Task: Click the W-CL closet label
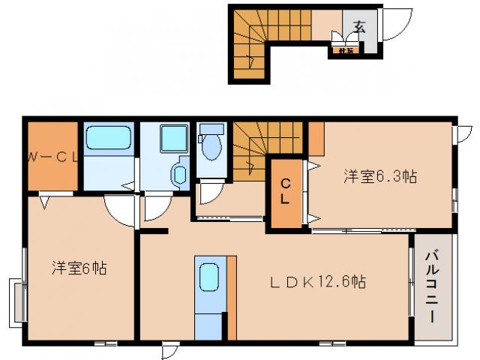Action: pos(53,157)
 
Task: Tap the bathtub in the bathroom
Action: pos(109,139)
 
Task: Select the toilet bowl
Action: pos(212,148)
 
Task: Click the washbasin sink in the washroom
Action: pos(180,175)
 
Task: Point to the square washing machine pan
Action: pos(176,138)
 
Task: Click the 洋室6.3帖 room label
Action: pos(380,177)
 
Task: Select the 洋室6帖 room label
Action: pos(79,267)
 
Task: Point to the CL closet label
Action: pos(286,192)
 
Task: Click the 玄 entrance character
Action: pos(359,27)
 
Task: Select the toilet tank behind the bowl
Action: pos(211,128)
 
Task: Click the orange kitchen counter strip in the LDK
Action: pos(231,296)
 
